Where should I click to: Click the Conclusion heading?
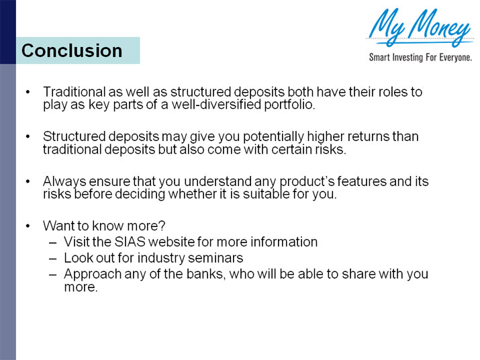click(72, 51)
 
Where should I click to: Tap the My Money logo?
click(419, 27)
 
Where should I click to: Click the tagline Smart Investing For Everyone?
click(420, 58)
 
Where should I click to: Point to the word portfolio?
click(291, 105)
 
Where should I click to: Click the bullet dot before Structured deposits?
click(28, 136)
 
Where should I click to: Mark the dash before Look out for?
click(53, 258)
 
